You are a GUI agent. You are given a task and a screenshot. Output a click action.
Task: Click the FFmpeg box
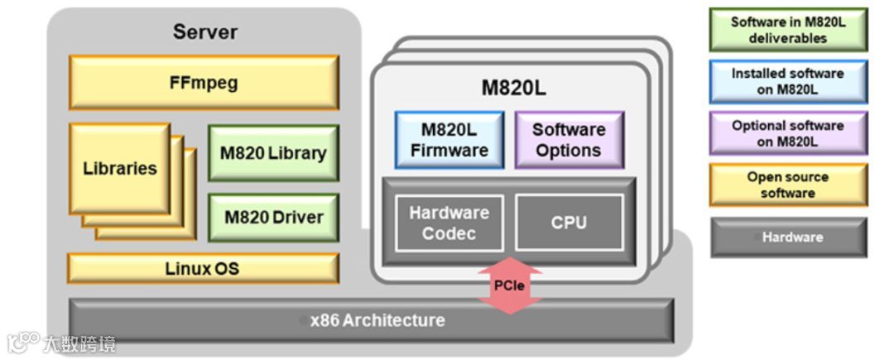203,83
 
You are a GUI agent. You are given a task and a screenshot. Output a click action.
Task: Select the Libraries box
119,169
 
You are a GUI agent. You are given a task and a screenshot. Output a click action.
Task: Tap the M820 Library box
273,153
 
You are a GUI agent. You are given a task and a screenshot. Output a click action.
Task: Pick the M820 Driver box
273,218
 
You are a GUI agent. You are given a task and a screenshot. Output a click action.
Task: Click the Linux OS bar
203,269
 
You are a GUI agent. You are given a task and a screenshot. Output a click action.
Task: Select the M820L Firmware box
449,140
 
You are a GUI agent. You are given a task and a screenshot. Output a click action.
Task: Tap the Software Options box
569,140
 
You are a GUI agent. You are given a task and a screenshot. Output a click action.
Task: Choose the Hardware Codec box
449,223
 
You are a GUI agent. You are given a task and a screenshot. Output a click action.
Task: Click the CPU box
569,223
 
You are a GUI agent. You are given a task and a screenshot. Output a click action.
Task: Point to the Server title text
204,32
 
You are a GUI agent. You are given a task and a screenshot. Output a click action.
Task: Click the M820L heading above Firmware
513,89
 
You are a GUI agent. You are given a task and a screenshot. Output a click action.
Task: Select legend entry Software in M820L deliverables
787,31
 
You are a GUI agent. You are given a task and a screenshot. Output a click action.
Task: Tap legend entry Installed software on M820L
787,81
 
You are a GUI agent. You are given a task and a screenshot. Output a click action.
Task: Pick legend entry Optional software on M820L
787,133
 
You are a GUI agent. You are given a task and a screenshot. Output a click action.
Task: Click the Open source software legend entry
787,185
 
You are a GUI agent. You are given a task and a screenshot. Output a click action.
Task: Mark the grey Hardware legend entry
787,237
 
